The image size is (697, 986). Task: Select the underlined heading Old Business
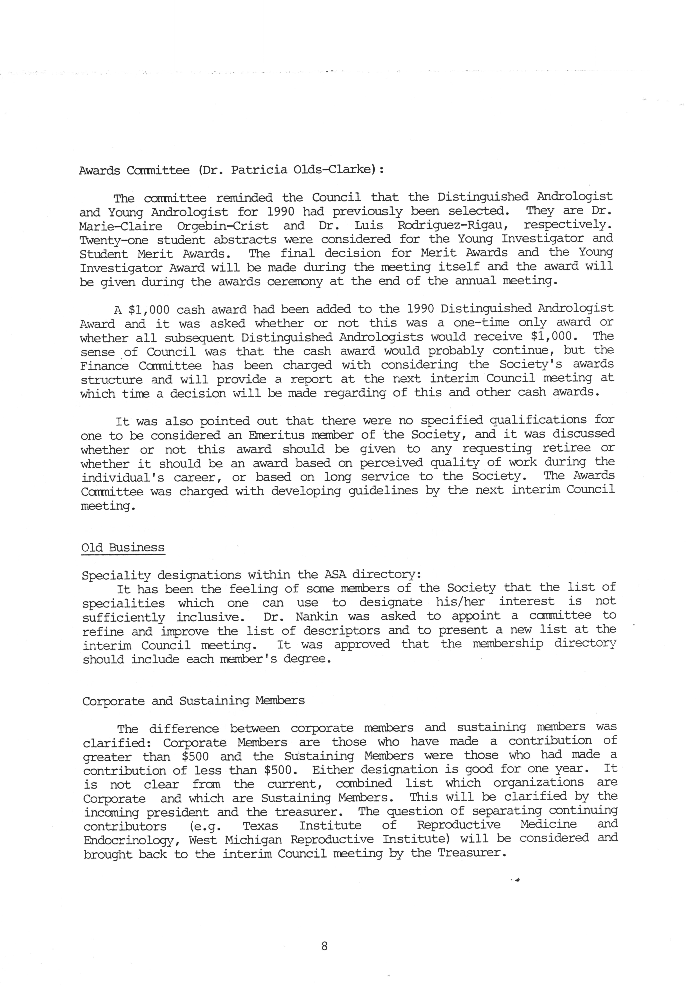(x=123, y=548)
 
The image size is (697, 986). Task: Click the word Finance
(x=104, y=366)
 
